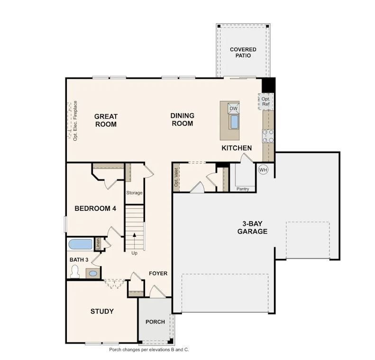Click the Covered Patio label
(x=243, y=52)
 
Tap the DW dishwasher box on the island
(x=233, y=108)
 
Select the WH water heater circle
(x=263, y=170)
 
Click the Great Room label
(x=105, y=120)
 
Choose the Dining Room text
(x=182, y=119)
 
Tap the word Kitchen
(x=237, y=148)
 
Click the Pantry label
(x=243, y=189)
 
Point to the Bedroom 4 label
(x=95, y=208)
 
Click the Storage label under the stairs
(x=134, y=193)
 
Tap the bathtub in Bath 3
(x=80, y=244)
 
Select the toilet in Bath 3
(x=74, y=271)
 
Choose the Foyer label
(x=158, y=273)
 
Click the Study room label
(x=102, y=311)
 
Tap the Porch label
(x=155, y=322)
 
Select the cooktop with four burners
(x=268, y=136)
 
